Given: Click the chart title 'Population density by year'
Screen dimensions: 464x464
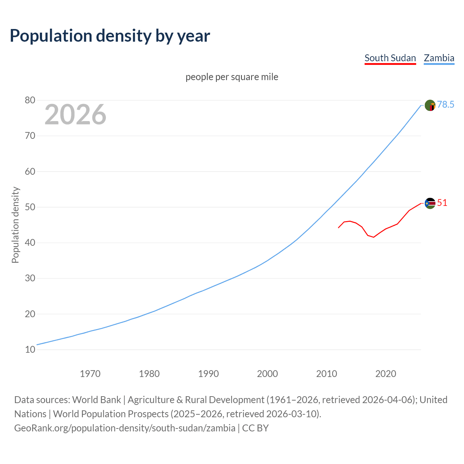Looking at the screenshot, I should point(110,36).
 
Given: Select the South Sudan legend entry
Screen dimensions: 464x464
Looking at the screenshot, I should point(390,58).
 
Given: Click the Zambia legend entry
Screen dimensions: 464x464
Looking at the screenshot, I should point(439,58).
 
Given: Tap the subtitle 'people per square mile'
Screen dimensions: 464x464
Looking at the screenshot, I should point(232,77).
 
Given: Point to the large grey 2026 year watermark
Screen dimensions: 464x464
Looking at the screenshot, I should point(75,115).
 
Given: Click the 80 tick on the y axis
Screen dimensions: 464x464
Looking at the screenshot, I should point(30,100).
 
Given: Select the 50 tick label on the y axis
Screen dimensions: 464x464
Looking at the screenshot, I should point(30,207).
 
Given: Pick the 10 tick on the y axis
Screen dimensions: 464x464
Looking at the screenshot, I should point(30,350).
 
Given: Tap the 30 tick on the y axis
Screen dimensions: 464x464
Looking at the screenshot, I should point(30,278).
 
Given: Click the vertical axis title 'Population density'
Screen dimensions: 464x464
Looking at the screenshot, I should point(15,225).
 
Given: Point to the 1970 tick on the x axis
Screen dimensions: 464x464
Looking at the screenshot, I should point(90,374).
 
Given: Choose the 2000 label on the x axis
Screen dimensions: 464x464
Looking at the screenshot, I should point(268,374).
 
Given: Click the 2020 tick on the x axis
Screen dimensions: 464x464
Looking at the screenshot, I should point(386,374).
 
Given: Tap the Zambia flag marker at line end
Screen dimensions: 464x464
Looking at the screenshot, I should point(430,105).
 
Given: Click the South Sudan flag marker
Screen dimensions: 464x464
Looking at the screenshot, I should point(430,203).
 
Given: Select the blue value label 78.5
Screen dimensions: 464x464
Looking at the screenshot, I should point(446,105).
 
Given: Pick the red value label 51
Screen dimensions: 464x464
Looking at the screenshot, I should point(442,203).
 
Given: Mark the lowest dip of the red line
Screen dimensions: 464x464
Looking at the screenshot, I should point(374,237).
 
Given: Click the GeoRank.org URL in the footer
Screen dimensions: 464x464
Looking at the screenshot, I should point(125,428).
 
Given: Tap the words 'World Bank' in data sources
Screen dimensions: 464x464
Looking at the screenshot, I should point(96,400).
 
